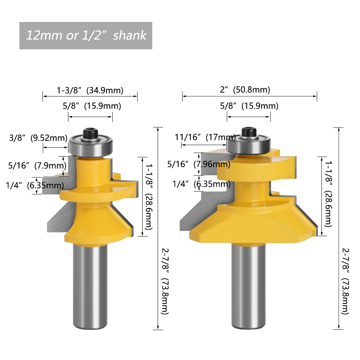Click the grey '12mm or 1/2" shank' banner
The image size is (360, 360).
86,36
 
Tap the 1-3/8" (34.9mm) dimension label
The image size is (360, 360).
90,90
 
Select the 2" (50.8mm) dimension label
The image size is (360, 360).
245,90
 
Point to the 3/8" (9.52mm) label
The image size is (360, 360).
38,138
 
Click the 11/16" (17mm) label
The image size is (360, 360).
205,137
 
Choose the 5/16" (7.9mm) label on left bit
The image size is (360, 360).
37,166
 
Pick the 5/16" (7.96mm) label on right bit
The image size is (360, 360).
199,165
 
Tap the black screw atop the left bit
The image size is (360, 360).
91,134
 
